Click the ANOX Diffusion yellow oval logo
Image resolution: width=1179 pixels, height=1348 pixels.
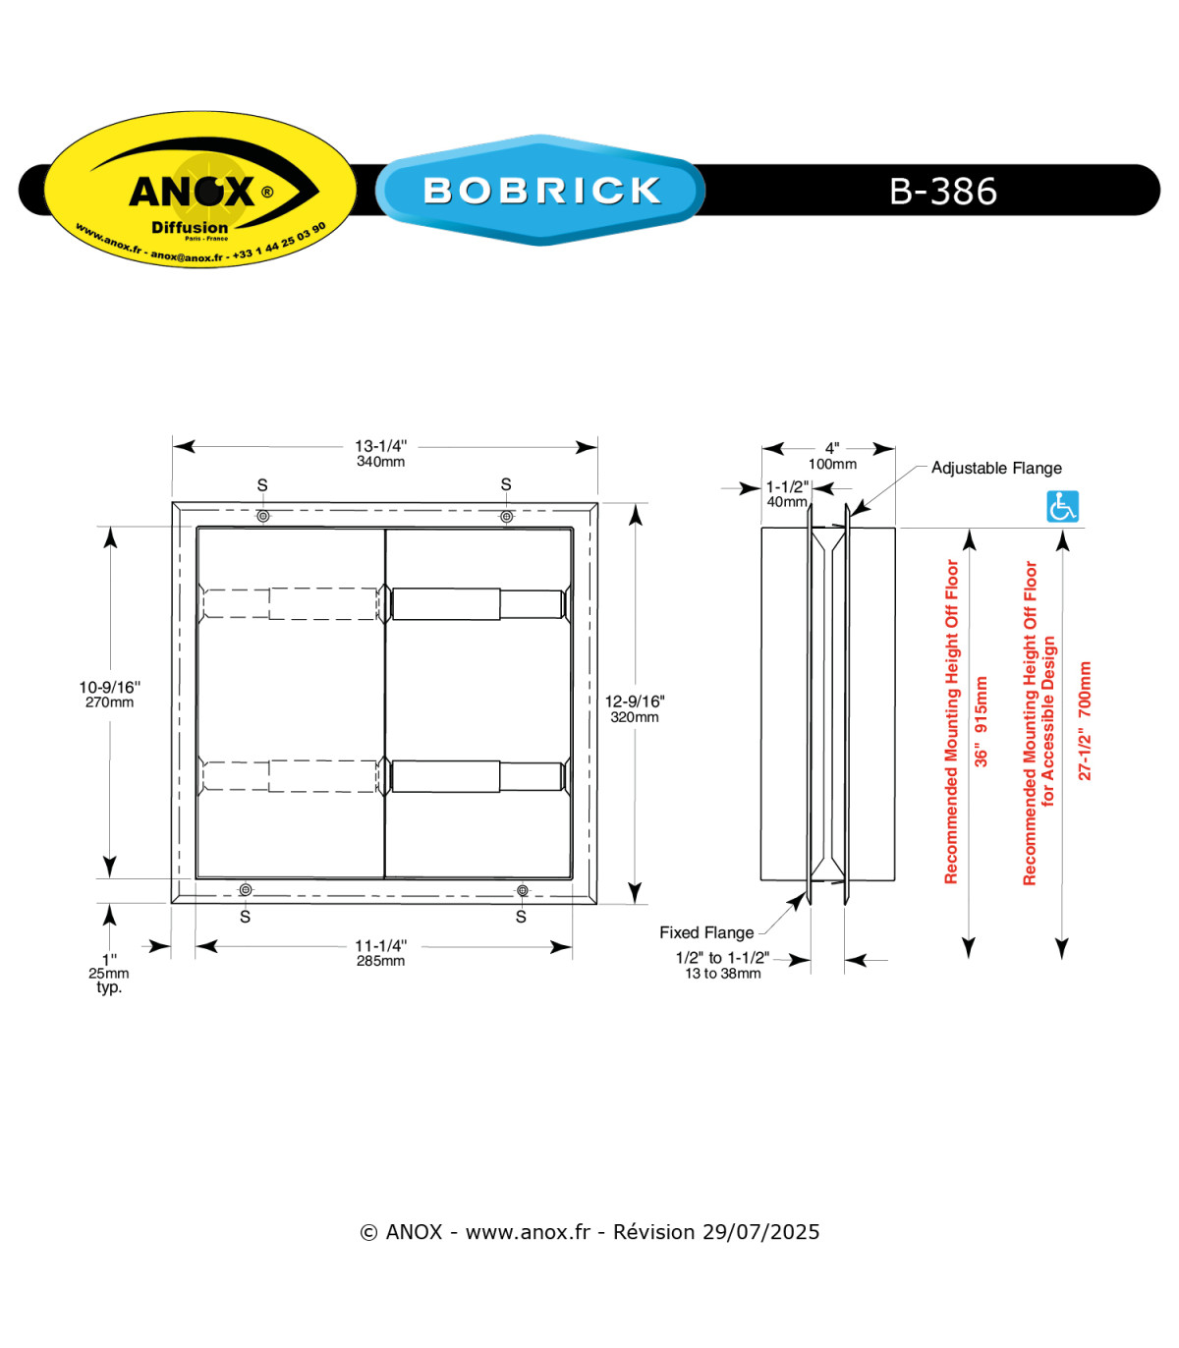[x=200, y=189]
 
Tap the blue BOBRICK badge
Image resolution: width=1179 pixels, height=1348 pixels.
[x=540, y=190]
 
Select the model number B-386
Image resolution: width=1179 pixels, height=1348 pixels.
[x=942, y=191]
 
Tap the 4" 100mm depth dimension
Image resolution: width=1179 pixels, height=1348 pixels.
[x=832, y=455]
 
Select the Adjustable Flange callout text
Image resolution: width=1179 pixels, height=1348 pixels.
[x=996, y=468]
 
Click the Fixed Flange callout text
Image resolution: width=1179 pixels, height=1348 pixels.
[x=706, y=932]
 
